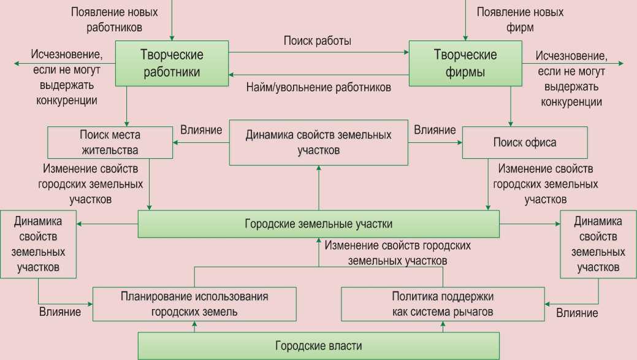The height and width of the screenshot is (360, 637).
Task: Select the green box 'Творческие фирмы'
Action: tap(465, 63)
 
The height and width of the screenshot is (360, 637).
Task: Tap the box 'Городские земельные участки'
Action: tap(318, 224)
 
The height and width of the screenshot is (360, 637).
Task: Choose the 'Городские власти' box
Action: tap(318, 346)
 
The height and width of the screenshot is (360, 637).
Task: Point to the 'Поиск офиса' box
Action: tap(525, 142)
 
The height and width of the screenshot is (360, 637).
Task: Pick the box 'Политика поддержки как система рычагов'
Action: tap(442, 304)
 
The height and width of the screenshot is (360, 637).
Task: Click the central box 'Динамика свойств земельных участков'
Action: tap(318, 142)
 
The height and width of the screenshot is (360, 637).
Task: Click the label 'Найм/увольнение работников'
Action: tap(318, 88)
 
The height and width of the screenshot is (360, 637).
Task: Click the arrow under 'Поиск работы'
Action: tap(318, 53)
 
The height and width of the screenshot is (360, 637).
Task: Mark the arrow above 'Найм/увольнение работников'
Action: tap(318, 75)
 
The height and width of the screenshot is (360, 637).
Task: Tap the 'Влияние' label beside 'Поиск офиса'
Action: tap(435, 130)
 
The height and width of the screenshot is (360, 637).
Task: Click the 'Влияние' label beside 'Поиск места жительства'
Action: tap(201, 130)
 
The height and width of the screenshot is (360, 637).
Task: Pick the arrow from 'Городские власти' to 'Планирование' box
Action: tap(195, 327)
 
